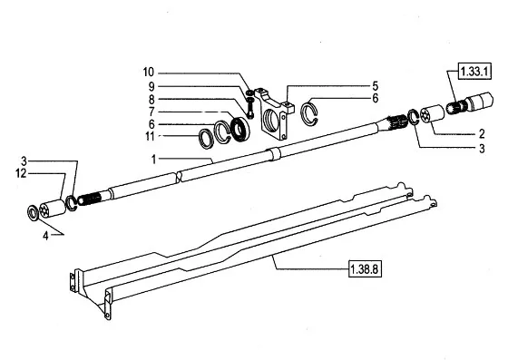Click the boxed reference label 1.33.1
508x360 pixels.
[x=474, y=72]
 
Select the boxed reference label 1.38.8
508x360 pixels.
[x=365, y=269]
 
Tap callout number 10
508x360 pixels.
[x=149, y=73]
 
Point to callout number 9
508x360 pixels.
[x=151, y=86]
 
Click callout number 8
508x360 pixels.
[x=151, y=100]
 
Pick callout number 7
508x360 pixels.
[x=151, y=112]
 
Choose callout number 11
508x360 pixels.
[x=150, y=136]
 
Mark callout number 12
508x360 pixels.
[x=21, y=173]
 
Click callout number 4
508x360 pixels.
[x=45, y=236]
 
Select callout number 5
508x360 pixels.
[x=375, y=86]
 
